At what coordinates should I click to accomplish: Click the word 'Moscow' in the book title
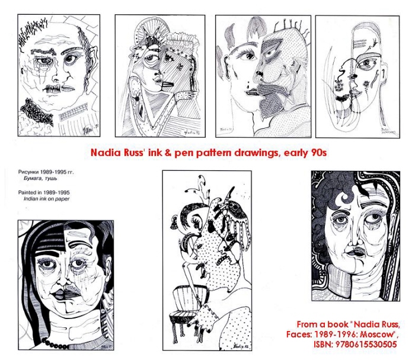coord(379,334)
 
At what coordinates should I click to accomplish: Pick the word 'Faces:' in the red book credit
coord(311,334)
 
